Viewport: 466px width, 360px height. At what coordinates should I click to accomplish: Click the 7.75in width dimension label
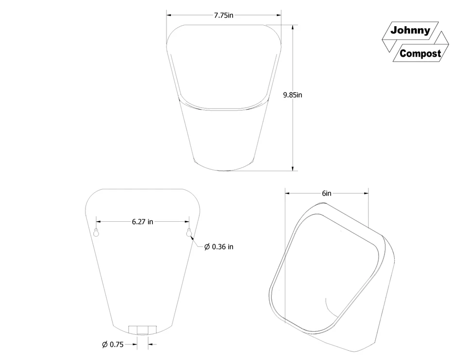pos(224,15)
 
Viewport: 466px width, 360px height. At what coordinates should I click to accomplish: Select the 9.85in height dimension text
pos(293,95)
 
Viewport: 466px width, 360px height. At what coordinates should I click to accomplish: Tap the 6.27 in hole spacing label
pos(142,222)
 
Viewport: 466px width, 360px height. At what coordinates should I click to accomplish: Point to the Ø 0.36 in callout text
pos(218,247)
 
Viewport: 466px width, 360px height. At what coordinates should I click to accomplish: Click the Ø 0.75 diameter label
pos(113,344)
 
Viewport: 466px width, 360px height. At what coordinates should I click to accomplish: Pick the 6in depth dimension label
pos(327,193)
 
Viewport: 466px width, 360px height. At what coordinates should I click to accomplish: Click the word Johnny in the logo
pos(411,31)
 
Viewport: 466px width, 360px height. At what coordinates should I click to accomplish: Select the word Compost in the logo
pos(420,53)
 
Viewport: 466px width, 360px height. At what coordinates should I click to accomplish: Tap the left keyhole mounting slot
pos(97,232)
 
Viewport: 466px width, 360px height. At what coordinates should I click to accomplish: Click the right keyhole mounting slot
pos(189,232)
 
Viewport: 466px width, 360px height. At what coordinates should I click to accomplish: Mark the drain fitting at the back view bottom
pos(142,330)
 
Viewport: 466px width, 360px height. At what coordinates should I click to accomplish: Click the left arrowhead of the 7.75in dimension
pos(169,15)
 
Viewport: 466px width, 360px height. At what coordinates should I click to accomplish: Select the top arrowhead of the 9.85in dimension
pos(293,28)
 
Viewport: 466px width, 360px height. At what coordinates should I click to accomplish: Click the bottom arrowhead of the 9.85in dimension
pos(293,168)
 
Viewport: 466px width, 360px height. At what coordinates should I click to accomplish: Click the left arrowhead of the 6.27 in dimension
pos(99,222)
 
